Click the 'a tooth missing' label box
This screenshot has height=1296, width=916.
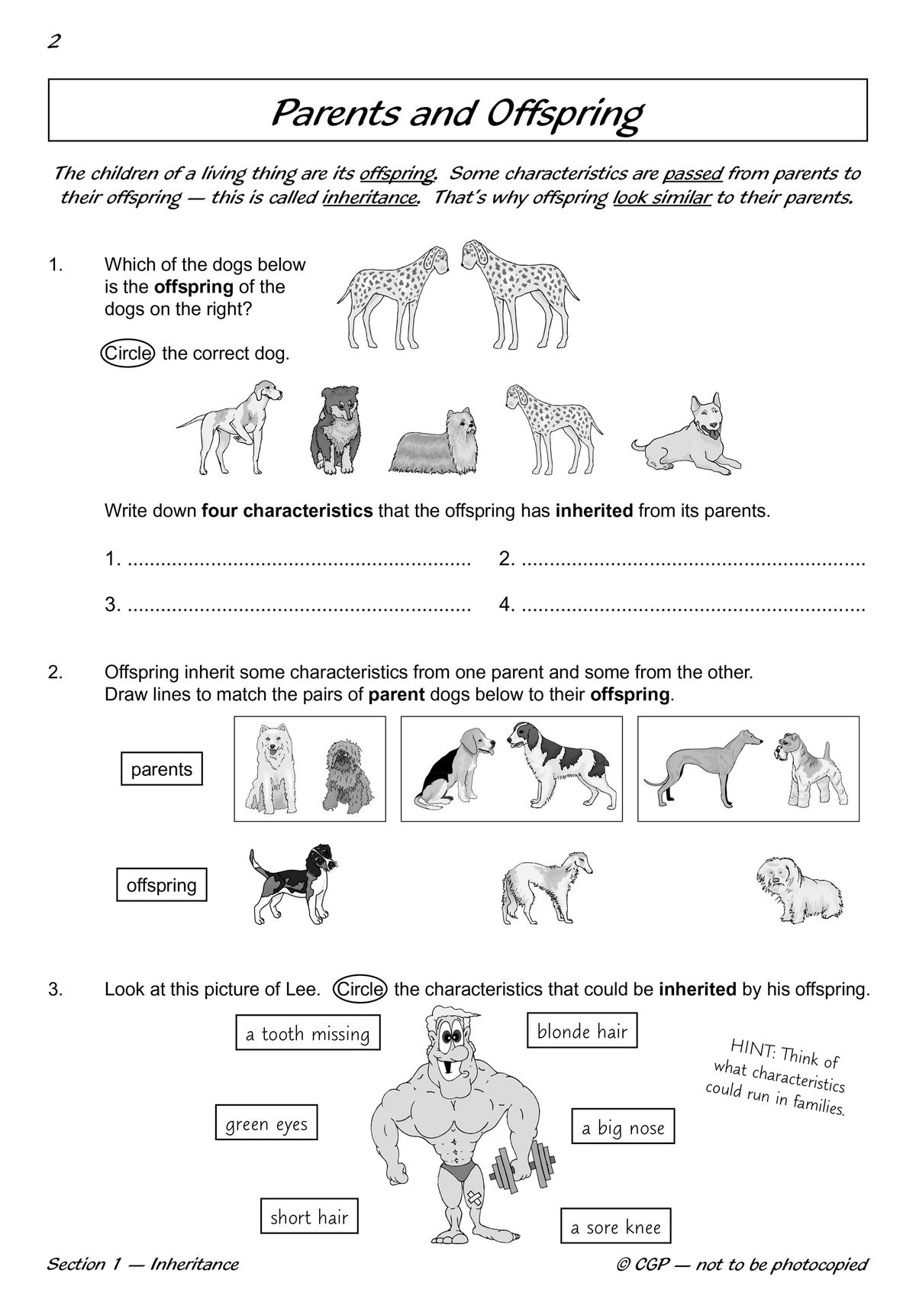coord(308,1034)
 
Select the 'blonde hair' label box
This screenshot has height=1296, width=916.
coord(582,1032)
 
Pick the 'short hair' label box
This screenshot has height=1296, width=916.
coord(309,1217)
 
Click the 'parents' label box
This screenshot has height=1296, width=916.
coord(162,769)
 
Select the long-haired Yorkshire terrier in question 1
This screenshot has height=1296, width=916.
coord(435,443)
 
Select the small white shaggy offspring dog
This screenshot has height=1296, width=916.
coord(798,890)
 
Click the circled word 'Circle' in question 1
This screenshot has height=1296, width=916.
coord(128,354)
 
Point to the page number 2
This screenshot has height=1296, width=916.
coord(53,41)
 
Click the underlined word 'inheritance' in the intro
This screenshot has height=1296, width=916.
coord(370,199)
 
